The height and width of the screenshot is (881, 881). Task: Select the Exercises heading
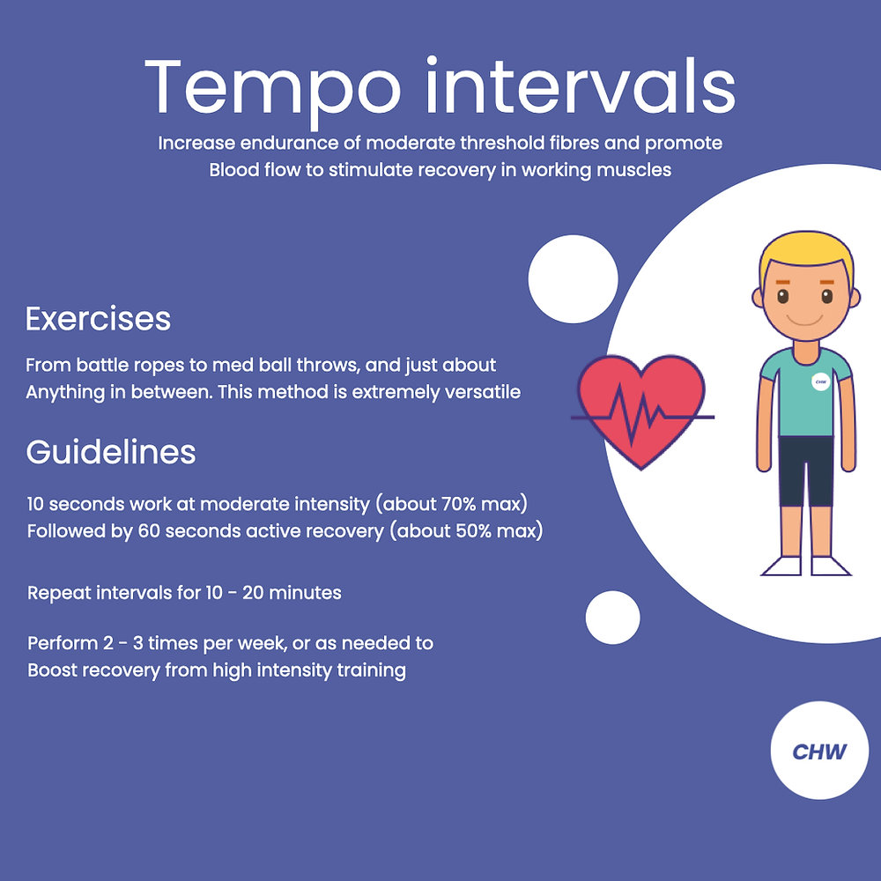(x=98, y=318)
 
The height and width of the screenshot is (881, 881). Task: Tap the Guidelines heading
(x=110, y=452)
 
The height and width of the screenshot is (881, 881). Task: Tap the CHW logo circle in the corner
(x=819, y=751)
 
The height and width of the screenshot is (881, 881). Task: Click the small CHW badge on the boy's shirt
(x=821, y=382)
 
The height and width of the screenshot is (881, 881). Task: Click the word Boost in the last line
(x=52, y=670)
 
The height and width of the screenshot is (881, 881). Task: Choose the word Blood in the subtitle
(x=234, y=170)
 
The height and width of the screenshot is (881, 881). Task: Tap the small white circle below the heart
(x=612, y=617)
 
